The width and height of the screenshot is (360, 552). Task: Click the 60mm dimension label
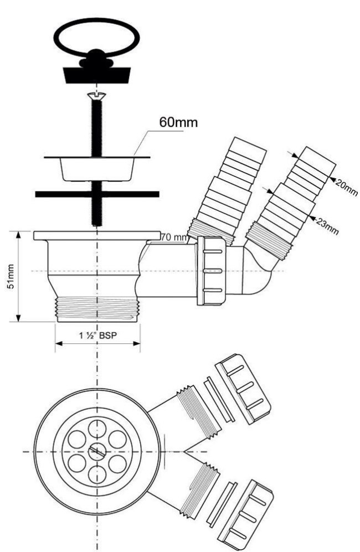[178, 122]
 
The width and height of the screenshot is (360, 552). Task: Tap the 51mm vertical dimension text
[11, 276]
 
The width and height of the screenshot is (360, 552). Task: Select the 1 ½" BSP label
[97, 335]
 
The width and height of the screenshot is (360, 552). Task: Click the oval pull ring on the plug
[97, 37]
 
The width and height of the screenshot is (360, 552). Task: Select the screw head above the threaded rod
[96, 95]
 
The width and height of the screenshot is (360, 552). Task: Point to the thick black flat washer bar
[97, 194]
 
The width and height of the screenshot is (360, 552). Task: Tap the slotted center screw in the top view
[96, 451]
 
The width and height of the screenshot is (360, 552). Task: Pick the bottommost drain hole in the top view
[97, 474]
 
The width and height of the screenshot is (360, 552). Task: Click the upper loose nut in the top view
[243, 389]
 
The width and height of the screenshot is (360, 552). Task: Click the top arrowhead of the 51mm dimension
[18, 235]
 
